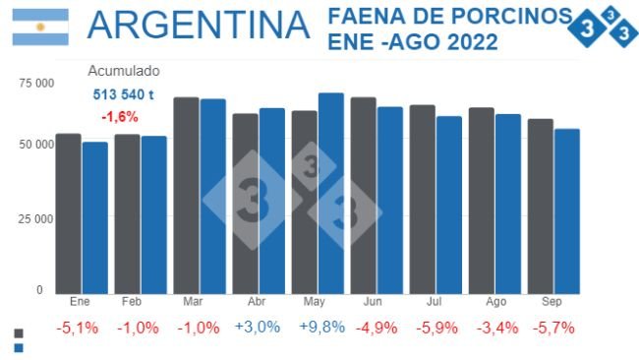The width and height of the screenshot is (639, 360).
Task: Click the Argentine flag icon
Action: click(40, 27)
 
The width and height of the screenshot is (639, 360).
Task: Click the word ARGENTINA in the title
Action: click(198, 27)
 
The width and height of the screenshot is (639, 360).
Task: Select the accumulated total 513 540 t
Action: click(123, 94)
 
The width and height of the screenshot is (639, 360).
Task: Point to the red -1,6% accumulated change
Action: click(120, 116)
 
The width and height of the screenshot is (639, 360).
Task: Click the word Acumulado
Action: click(124, 71)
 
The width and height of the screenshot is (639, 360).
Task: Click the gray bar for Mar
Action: click(186, 195)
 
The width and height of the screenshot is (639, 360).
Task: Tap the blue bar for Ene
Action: click(94, 217)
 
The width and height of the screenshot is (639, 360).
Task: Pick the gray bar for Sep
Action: click(540, 206)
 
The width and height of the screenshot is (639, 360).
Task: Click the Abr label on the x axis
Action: click(258, 302)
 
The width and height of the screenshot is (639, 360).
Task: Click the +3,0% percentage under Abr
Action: click(259, 328)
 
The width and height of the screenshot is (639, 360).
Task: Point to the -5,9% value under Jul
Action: click(436, 328)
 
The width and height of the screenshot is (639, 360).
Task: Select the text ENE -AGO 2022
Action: click(412, 43)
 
